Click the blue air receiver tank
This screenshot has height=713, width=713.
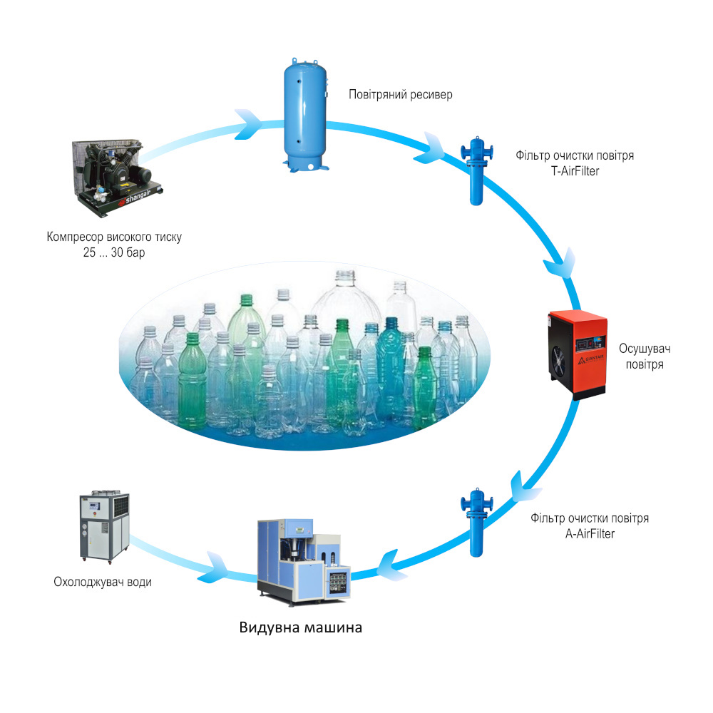pos(304,114)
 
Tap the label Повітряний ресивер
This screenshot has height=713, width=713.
pos(400,95)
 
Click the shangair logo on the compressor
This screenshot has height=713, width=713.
pos(139,197)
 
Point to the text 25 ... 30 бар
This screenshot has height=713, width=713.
pos(114,252)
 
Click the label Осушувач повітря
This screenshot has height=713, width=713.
pos(646,356)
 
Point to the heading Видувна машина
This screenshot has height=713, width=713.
pos(300,628)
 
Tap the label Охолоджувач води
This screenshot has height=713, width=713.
pos(103,582)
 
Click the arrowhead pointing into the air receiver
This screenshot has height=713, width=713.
pos(250,125)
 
